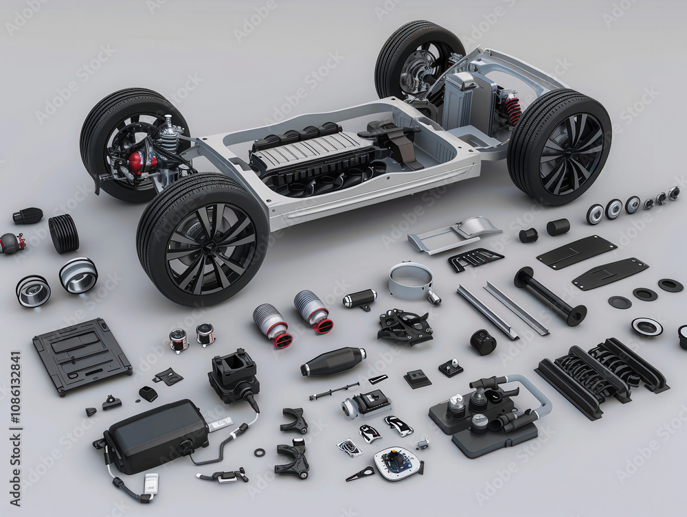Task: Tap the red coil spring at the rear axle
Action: click(513, 111)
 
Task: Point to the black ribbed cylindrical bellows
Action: click(63, 233)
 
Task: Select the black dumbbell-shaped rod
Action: click(550, 296)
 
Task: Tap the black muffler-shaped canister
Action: click(334, 361)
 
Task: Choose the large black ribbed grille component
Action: click(601, 375)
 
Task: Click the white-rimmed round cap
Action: click(646, 327)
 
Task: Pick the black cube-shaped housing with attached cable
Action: click(234, 375)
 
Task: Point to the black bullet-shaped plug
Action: click(27, 216)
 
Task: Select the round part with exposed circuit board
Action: click(398, 462)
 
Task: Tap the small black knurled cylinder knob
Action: click(484, 342)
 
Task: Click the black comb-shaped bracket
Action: click(475, 258)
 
